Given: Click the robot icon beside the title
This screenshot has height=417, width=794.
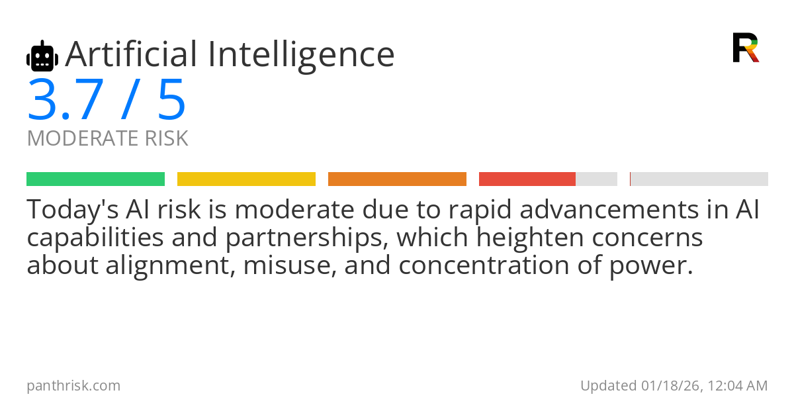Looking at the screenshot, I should pyautogui.click(x=42, y=56).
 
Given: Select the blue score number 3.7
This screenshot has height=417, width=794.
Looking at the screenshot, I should pyautogui.click(x=65, y=100).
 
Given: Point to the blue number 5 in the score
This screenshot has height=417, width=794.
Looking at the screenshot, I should pyautogui.click(x=171, y=100).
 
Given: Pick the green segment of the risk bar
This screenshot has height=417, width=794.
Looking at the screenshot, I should pyautogui.click(x=95, y=179).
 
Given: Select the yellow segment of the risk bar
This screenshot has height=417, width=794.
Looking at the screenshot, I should pyautogui.click(x=246, y=179).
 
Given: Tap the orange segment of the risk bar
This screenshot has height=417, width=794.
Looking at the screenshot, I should pyautogui.click(x=397, y=179).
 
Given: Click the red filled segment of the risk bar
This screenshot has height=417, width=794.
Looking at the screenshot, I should pyautogui.click(x=527, y=179).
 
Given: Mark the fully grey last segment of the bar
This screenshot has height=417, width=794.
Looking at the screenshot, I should pyautogui.click(x=699, y=179).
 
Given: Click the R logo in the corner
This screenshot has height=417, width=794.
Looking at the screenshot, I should pyautogui.click(x=745, y=48).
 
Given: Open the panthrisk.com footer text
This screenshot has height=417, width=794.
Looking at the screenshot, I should pyautogui.click(x=73, y=385).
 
